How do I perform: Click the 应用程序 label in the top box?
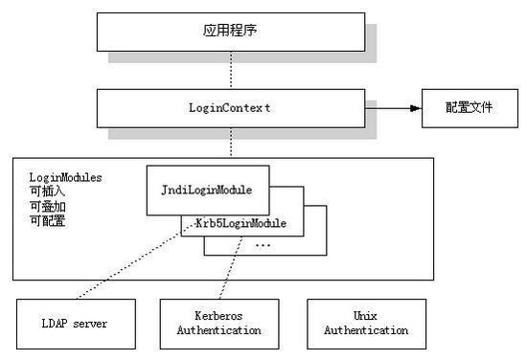point(230,31)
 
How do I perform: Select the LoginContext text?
point(230,108)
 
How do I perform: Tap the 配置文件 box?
point(470,108)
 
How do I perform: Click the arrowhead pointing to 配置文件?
point(416,108)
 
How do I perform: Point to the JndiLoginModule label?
point(207,191)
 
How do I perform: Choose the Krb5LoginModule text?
point(241,223)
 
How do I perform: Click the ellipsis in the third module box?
point(263,245)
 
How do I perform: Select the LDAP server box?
point(76,324)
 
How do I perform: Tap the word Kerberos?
point(218,316)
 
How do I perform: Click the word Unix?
point(365,316)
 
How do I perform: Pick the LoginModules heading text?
point(65,178)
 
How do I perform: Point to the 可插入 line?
point(47,191)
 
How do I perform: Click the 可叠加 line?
point(47,206)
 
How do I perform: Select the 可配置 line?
point(47,220)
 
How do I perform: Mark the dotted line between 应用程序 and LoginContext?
point(231,70)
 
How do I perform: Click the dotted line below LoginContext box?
point(231,143)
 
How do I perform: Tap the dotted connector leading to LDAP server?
point(135,261)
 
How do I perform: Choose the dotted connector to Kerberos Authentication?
point(231,268)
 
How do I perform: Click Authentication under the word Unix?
point(366,330)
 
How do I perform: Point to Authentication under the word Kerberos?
point(219,330)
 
